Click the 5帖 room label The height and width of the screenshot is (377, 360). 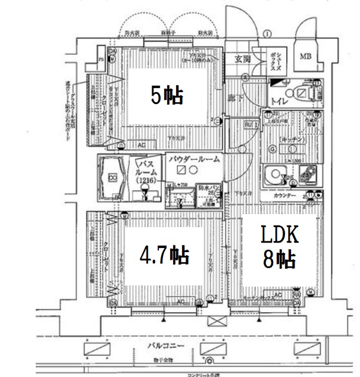pyautogui.click(x=167, y=95)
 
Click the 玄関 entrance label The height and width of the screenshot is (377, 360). pyautogui.click(x=242, y=58)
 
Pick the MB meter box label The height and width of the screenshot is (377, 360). pyautogui.click(x=305, y=57)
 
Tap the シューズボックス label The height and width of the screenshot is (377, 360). pyautogui.click(x=275, y=59)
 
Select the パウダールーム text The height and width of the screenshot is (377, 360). pyautogui.click(x=194, y=159)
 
